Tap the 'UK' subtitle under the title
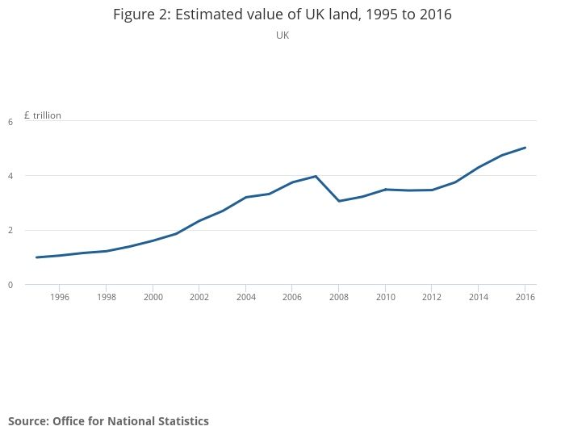[x=282, y=36]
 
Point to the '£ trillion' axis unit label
[x=43, y=115]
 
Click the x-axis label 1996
[x=60, y=297]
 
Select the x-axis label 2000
[x=153, y=297]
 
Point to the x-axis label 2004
[x=246, y=297]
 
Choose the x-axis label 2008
[x=339, y=297]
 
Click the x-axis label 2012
[x=433, y=297]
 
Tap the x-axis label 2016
[x=525, y=297]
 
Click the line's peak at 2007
[x=316, y=176]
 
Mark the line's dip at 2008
[x=339, y=201]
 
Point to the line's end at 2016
[x=525, y=148]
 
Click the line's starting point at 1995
[x=36, y=257]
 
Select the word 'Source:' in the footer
[x=28, y=421]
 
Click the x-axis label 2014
[x=479, y=297]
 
